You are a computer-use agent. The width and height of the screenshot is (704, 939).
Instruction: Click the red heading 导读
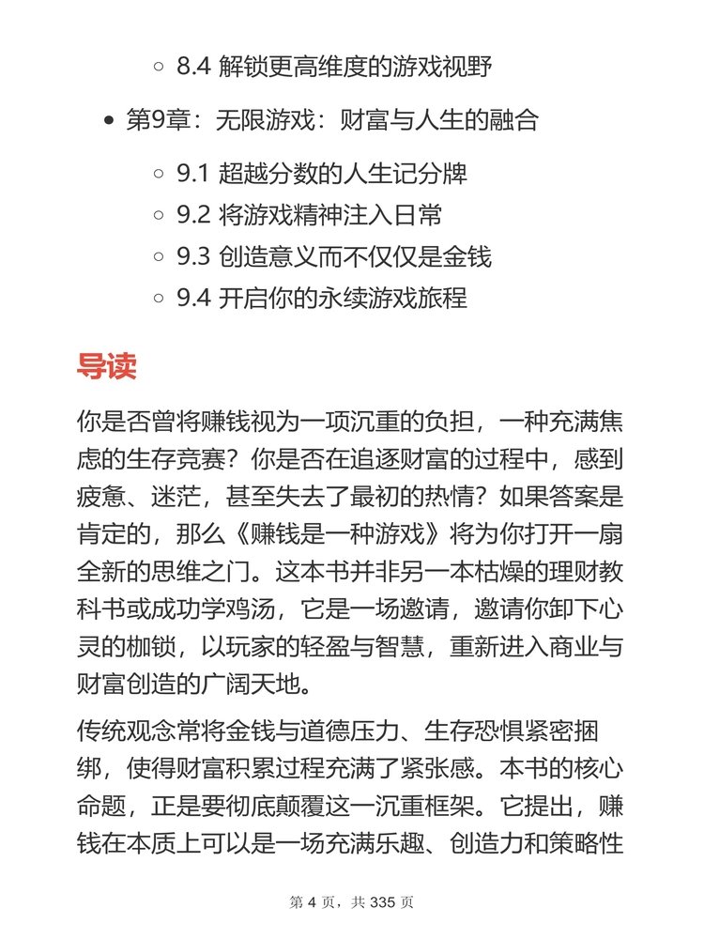(x=106, y=365)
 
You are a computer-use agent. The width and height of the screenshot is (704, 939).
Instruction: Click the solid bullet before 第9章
(x=110, y=120)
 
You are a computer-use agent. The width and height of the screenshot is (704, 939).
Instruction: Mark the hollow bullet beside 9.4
(x=159, y=299)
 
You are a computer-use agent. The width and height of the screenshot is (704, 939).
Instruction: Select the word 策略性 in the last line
(x=590, y=849)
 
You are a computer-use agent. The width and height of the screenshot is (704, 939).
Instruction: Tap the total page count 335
(x=385, y=902)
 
